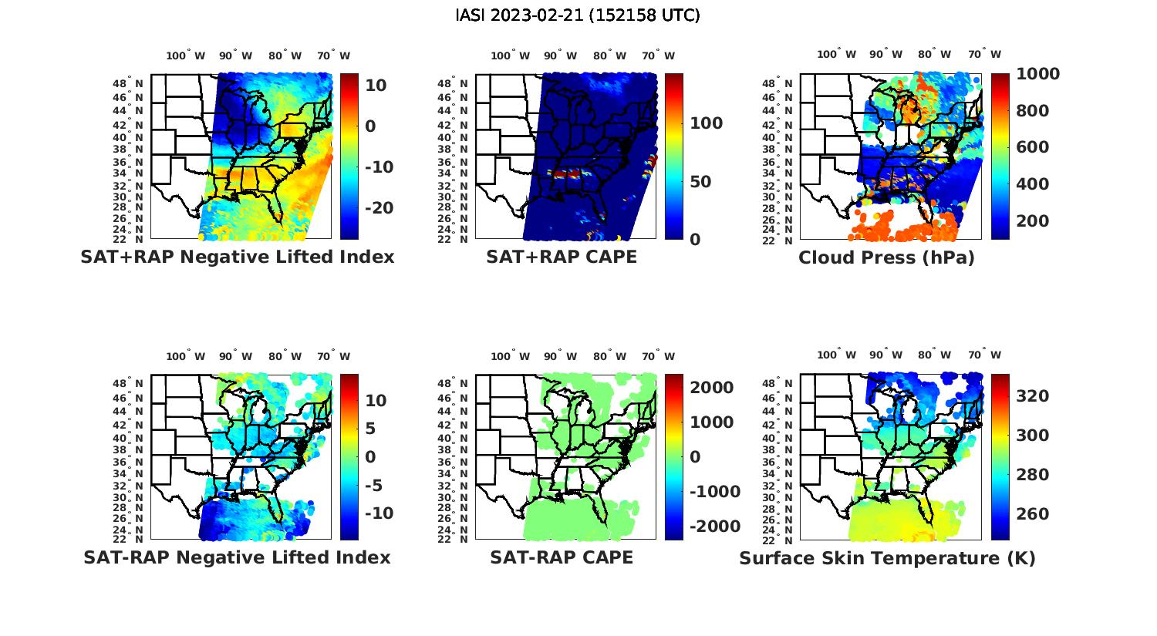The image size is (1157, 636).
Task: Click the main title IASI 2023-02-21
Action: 578,15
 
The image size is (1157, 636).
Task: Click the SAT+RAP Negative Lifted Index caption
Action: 237,257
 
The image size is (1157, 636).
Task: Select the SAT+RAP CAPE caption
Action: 562,257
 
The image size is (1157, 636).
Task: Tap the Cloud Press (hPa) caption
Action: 886,257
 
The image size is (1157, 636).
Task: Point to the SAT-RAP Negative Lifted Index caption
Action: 237,557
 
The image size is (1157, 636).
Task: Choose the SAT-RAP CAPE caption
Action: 562,557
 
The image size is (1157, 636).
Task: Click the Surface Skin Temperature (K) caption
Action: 887,558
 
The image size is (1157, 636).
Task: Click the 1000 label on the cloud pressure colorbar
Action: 1037,74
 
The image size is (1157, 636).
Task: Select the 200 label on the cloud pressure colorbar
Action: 1033,221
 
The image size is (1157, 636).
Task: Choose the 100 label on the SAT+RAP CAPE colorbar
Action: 705,123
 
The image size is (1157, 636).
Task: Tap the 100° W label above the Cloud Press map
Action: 837,55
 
